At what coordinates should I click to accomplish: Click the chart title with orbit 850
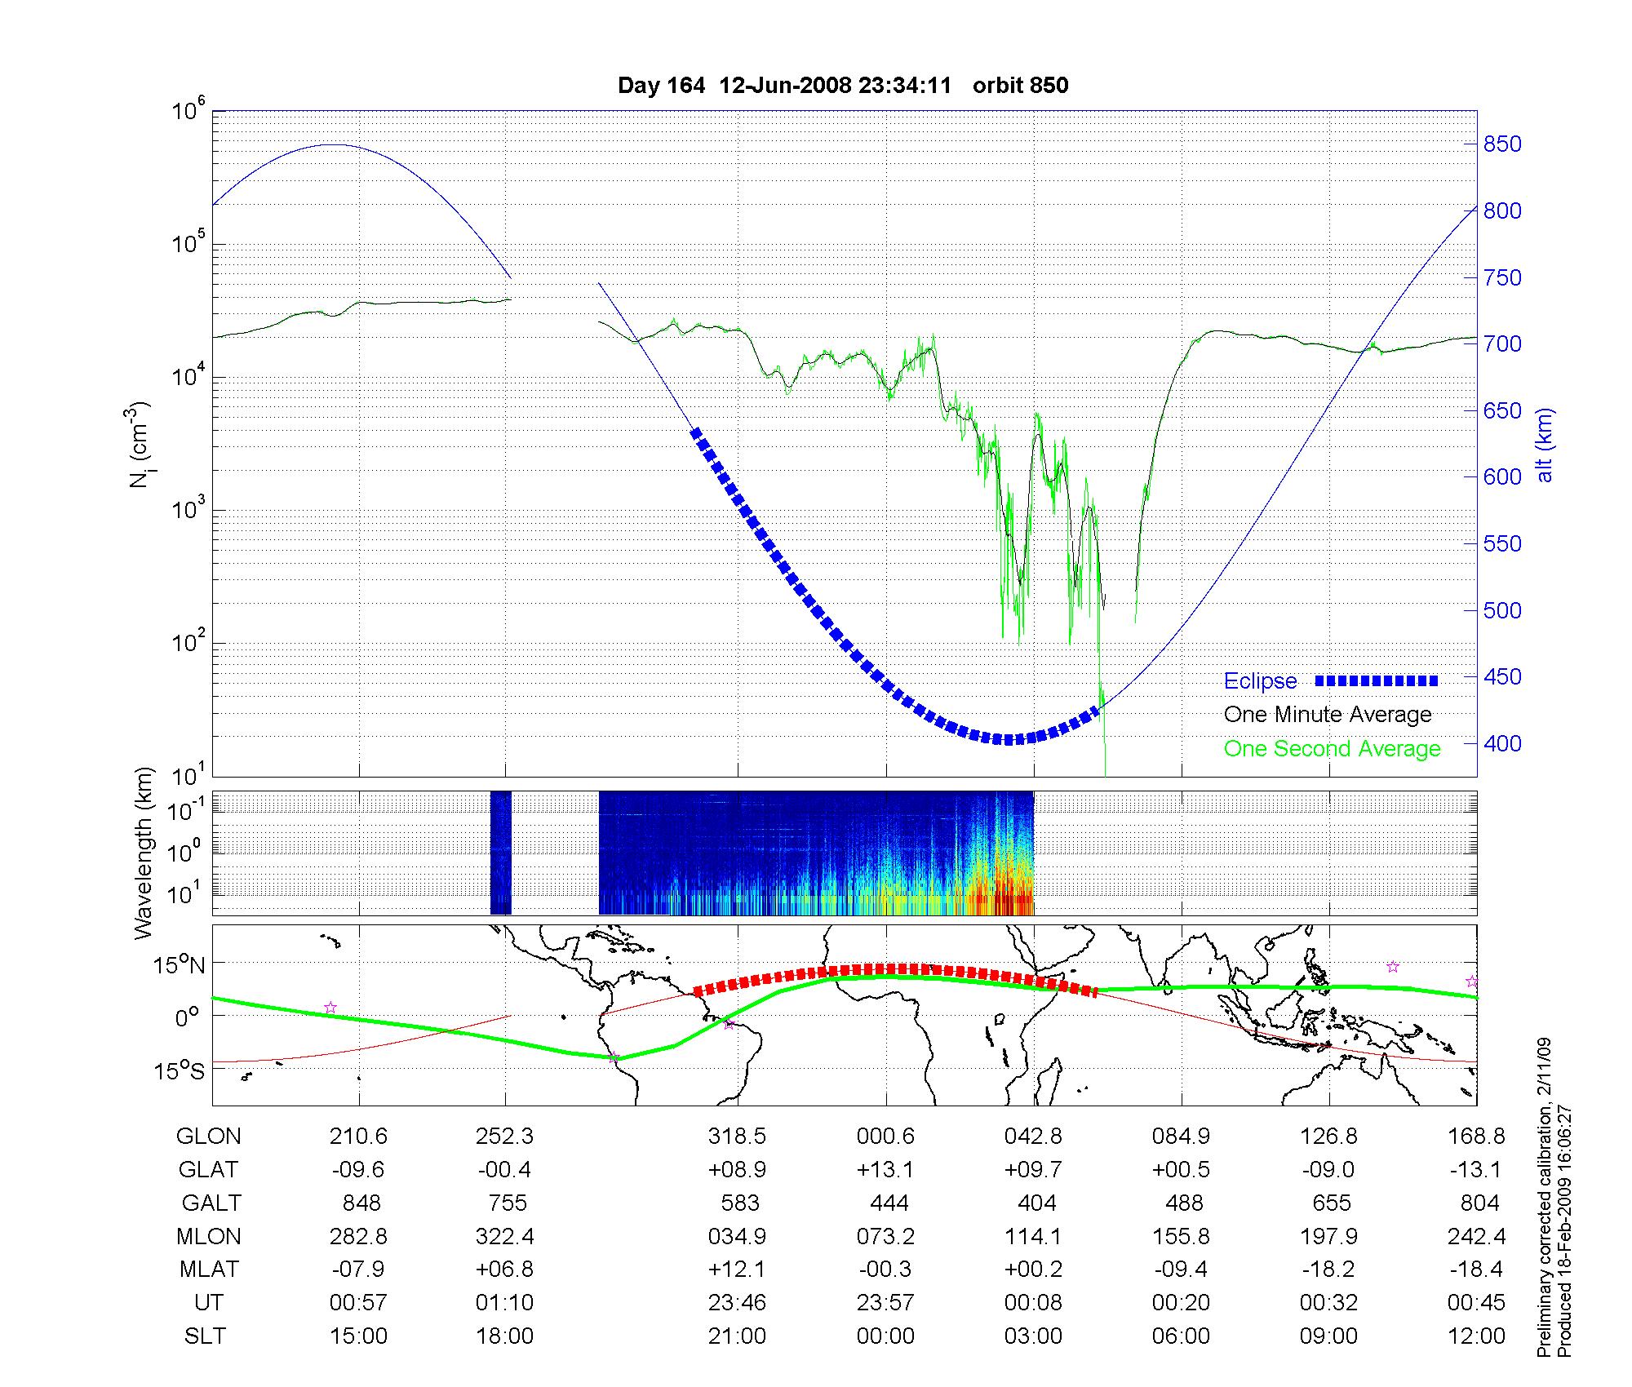pos(843,86)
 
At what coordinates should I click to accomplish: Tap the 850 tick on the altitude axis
pos(1501,144)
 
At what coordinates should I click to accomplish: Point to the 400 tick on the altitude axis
pos(1501,743)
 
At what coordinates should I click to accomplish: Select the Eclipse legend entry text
pos(1260,681)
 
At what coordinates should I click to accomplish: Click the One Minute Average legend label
pos(1328,715)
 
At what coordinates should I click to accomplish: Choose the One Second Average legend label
pos(1332,749)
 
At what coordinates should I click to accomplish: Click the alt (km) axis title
pos(1545,445)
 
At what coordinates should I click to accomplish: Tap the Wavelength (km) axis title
pos(144,853)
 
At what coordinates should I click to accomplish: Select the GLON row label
pos(209,1137)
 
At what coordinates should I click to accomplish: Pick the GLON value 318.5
pos(738,1137)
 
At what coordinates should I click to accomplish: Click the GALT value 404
pos(1036,1203)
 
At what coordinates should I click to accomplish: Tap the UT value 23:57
pos(885,1303)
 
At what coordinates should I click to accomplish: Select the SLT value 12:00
pos(1476,1336)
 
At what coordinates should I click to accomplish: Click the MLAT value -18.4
pos(1475,1270)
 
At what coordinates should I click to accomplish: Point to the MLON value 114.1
pos(1033,1237)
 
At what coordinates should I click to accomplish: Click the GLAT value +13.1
pos(885,1170)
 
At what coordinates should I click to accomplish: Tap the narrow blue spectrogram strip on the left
pos(500,853)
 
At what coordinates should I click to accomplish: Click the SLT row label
pos(205,1336)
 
